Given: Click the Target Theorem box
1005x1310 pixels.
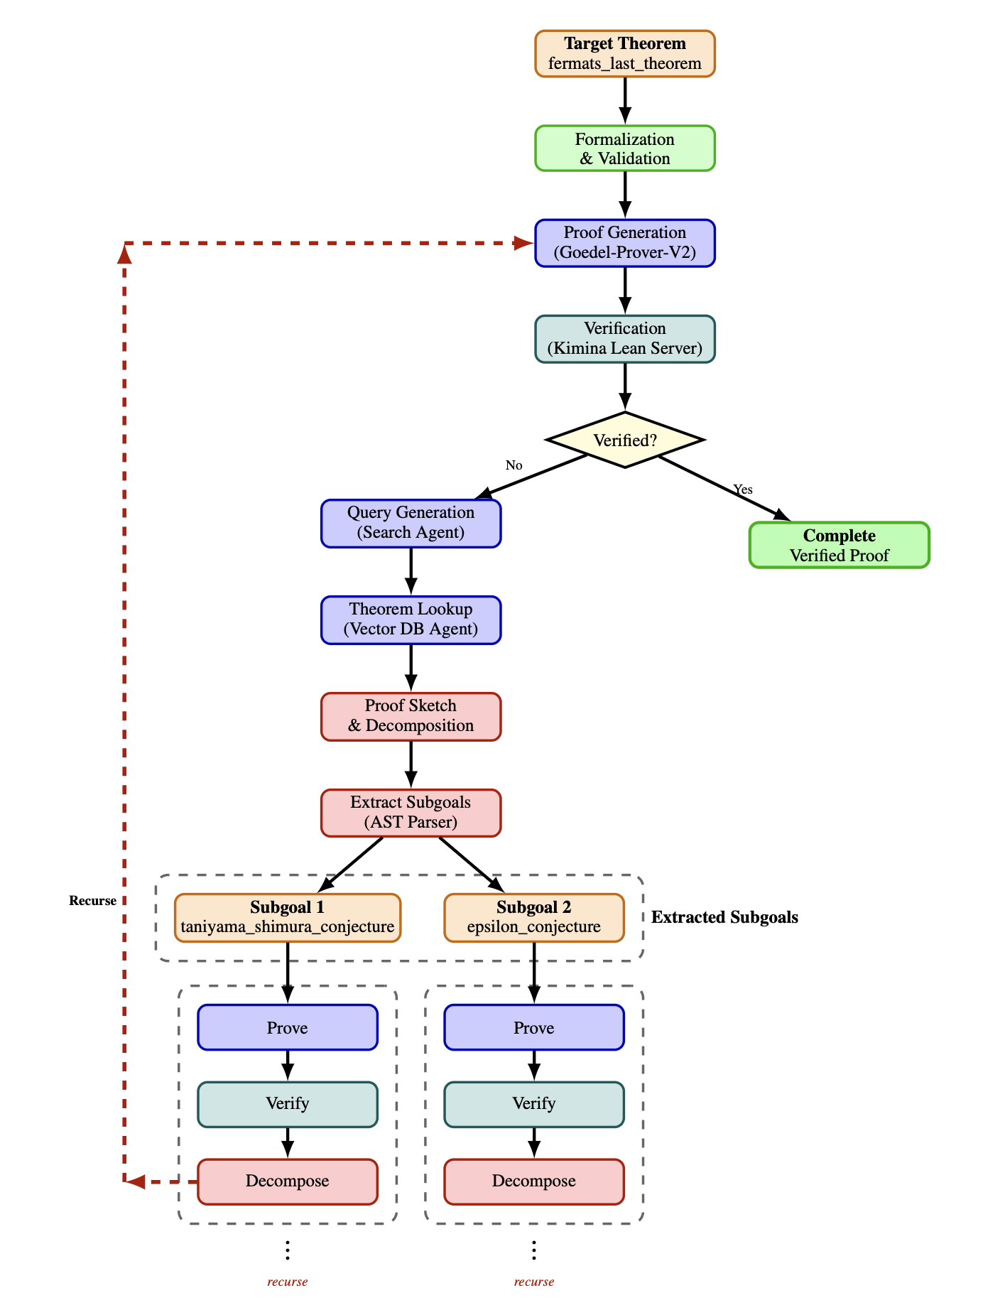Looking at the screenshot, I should pos(624,53).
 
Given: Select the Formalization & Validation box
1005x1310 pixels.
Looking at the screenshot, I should pos(624,148).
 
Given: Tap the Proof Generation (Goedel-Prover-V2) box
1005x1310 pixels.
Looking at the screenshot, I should pos(624,243).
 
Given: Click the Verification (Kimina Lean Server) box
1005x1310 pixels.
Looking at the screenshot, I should pos(624,339).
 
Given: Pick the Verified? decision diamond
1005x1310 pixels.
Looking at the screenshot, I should pos(624,440).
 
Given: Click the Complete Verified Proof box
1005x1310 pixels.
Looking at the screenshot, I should pos(839,546).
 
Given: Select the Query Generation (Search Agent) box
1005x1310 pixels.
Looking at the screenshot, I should pos(411,523).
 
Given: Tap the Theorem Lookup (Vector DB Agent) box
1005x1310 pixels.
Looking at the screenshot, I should pos(411,619).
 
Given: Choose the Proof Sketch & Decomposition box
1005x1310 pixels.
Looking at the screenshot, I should pos(411,716).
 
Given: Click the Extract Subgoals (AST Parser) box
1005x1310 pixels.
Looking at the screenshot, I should pos(411,813).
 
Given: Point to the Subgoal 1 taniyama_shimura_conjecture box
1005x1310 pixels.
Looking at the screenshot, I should pos(287,917).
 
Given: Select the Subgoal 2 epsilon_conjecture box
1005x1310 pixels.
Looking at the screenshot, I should pos(533,917).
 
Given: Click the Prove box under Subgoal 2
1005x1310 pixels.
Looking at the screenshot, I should pos(533,1027).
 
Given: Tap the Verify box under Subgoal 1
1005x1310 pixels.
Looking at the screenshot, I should pos(287,1104).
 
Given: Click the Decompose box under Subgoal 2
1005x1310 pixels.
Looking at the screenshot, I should pos(533,1181).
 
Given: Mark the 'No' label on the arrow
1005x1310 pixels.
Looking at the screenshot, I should pos(514,465).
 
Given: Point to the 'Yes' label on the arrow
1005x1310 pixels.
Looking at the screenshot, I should pos(742,489).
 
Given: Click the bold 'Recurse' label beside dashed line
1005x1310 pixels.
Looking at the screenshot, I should pos(92,901).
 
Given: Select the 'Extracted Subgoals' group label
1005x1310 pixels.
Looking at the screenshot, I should pos(724,917).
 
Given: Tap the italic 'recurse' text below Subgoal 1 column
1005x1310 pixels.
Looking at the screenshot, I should pos(287,1282).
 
